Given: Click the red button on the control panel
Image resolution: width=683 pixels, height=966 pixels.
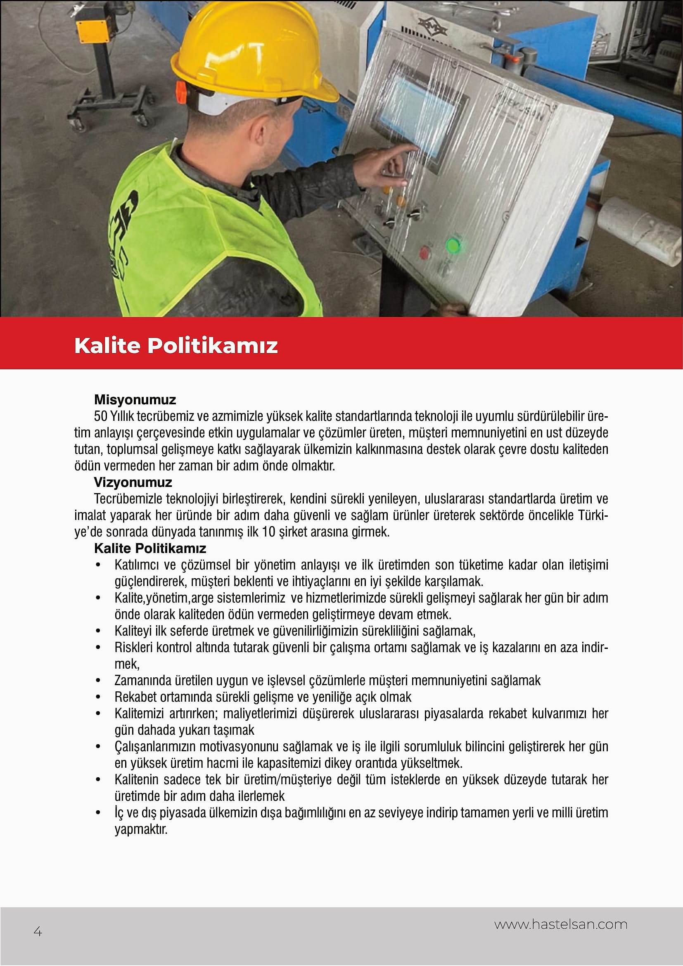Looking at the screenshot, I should tap(425, 252).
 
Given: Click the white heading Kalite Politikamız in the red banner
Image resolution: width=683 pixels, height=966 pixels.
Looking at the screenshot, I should tap(176, 345).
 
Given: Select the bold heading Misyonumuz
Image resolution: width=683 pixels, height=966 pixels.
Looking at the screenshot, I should tap(135, 399).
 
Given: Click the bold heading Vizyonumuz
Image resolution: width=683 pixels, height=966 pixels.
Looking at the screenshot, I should tap(133, 482).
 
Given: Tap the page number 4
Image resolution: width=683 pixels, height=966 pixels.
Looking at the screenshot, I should tap(38, 931).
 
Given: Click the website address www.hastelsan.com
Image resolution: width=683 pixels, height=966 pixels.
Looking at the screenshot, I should tap(561, 924).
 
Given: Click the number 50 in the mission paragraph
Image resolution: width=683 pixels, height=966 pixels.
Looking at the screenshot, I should tap(100, 416).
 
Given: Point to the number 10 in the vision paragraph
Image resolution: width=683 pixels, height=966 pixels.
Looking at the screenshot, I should tap(269, 532).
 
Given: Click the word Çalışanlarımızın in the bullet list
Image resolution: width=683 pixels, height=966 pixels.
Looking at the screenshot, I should tap(154, 746).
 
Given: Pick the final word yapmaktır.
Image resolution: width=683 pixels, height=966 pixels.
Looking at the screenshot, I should tap(141, 829).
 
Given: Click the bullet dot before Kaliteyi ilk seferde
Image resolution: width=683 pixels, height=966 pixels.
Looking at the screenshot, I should tap(98, 631).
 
